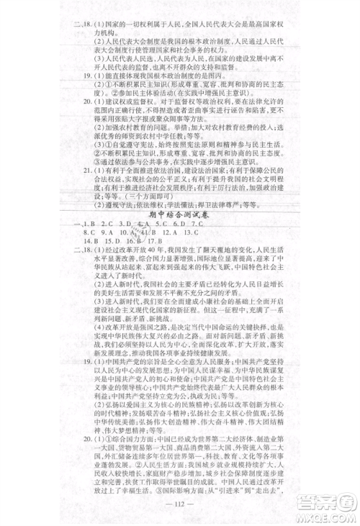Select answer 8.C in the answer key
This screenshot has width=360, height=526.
coord(89,234)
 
